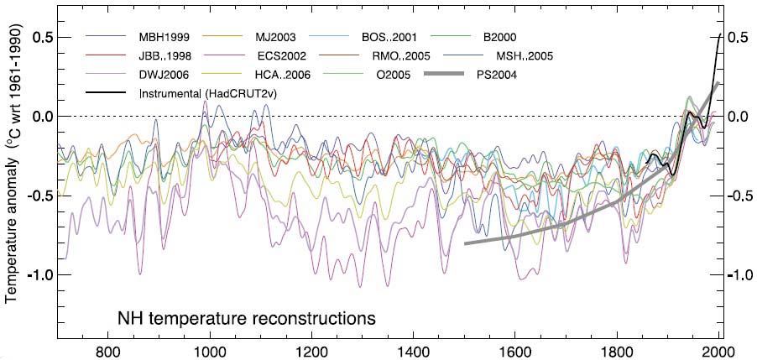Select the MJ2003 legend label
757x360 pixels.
coord(277,38)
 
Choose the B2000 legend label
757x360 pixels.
coord(499,38)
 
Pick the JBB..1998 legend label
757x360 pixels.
coord(165,56)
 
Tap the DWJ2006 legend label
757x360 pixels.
coord(165,75)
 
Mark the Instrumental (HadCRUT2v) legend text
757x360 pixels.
coord(207,93)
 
